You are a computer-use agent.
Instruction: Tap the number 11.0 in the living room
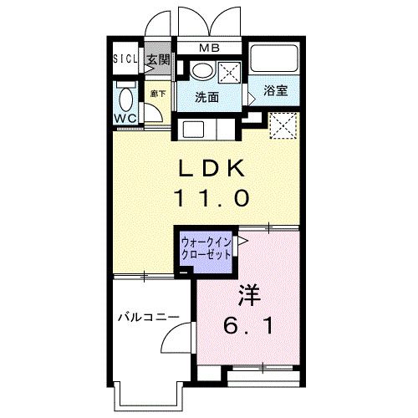click(x=211, y=198)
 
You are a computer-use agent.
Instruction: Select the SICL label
click(x=125, y=60)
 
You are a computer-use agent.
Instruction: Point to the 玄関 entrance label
click(x=157, y=60)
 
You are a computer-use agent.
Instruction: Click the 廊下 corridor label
click(x=156, y=94)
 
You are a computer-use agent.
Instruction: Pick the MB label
click(x=209, y=48)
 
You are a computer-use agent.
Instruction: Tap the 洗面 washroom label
click(x=207, y=96)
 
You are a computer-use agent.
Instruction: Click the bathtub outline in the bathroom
click(x=275, y=59)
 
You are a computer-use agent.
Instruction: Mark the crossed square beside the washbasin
click(x=229, y=71)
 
